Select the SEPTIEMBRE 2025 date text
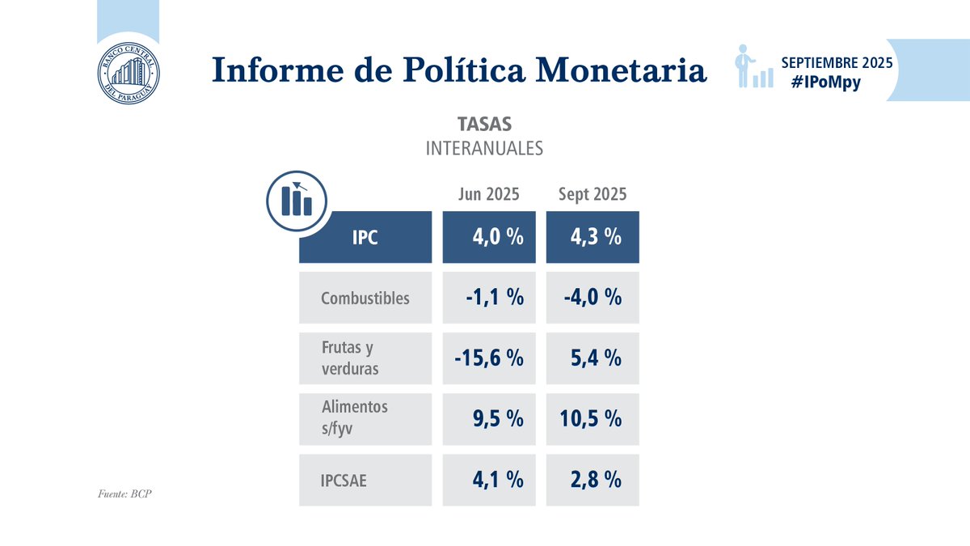pyautogui.click(x=837, y=62)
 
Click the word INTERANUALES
pyautogui.click(x=484, y=149)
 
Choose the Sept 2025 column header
pyautogui.click(x=593, y=195)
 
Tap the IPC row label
pyautogui.click(x=365, y=238)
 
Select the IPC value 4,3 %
pyautogui.click(x=593, y=238)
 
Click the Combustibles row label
pyautogui.click(x=365, y=298)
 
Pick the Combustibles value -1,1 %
pyautogui.click(x=494, y=298)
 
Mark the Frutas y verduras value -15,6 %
pyautogui.click(x=488, y=358)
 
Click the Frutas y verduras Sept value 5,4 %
pyautogui.click(x=597, y=358)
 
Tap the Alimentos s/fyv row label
pyautogui.click(x=354, y=418)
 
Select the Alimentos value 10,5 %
pyautogui.click(x=590, y=418)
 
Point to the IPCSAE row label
pyautogui.click(x=344, y=480)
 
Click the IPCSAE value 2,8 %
pyautogui.click(x=597, y=480)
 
